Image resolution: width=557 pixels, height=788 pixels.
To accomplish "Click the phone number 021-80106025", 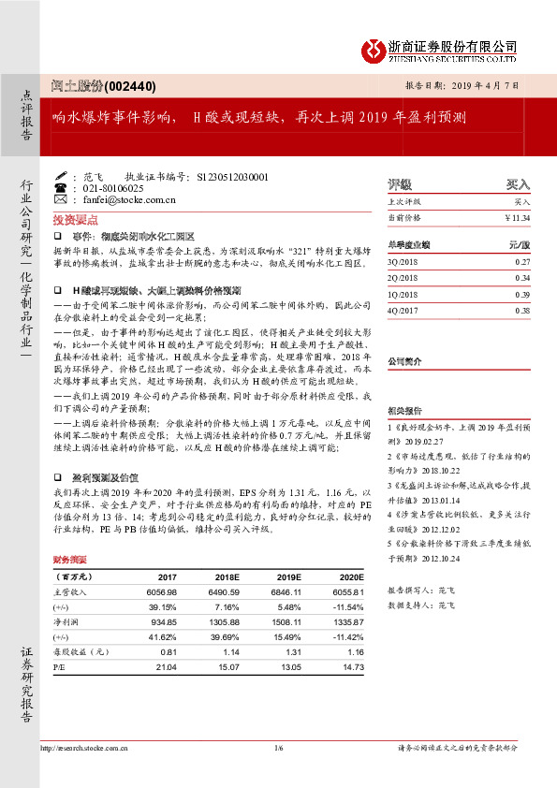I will [120, 188].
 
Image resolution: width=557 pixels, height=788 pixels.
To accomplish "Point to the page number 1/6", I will [278, 749].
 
